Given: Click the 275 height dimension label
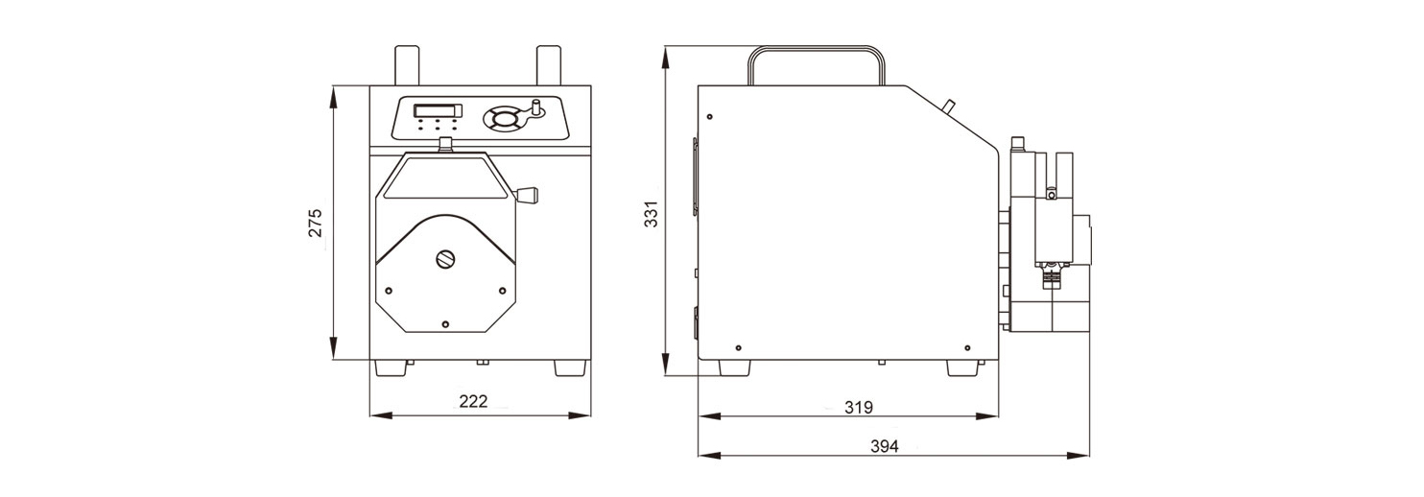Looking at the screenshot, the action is (316, 223).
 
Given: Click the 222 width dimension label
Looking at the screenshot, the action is (474, 401).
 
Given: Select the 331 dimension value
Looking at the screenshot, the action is (650, 214).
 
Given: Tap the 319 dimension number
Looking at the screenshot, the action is (859, 407).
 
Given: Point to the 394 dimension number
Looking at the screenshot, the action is (885, 446).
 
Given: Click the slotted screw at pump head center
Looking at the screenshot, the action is (445, 259).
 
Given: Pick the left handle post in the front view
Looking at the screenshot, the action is (408, 65).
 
